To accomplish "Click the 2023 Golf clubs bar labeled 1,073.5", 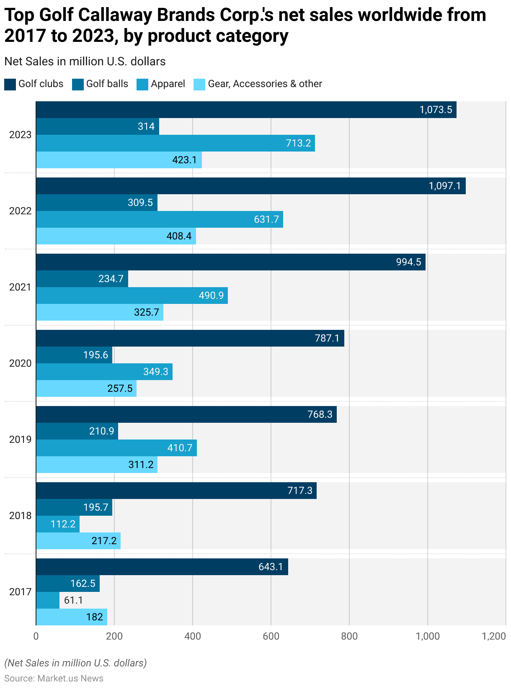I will coord(246,110).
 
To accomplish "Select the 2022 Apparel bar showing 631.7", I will coord(159,219).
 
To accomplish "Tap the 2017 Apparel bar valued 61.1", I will coord(48,600).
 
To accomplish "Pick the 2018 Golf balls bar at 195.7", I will coord(74,507).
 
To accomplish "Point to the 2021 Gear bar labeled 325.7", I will coord(100,312).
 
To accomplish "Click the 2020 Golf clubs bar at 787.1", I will coord(190,338).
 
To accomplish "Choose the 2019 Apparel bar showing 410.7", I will coord(116,448).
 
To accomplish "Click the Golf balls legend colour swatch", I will coord(78,84).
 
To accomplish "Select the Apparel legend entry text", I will coord(168,84).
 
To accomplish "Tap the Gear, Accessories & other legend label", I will coord(265,84).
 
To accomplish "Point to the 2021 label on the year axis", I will coord(21,287).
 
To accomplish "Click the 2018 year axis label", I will coord(21,516).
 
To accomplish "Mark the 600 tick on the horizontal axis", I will coord(271,636).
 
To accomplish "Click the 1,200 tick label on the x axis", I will coord(494,636).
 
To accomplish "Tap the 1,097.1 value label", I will coord(445,186).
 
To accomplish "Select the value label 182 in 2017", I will coord(95,617).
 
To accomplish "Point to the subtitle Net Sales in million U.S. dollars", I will coord(85,62).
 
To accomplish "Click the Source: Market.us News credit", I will coord(54,679).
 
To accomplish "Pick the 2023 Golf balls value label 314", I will coord(146,126).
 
